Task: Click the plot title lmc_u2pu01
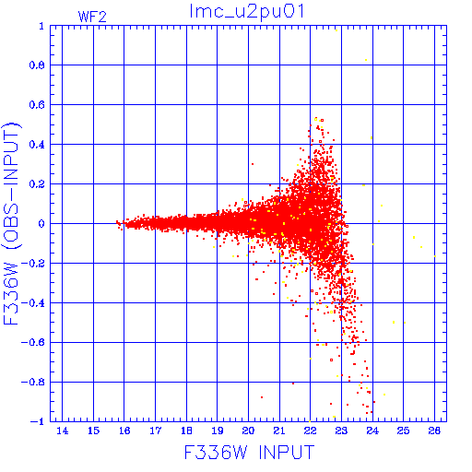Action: click(x=247, y=11)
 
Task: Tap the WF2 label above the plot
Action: click(x=92, y=17)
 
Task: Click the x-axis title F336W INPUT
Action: click(x=249, y=453)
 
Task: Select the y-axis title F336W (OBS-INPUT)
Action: click(x=11, y=224)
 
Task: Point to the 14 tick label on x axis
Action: click(x=63, y=431)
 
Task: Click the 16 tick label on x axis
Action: click(x=124, y=431)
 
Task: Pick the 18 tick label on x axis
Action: click(x=186, y=431)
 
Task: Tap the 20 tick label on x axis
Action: click(x=248, y=431)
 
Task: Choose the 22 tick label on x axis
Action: click(x=311, y=431)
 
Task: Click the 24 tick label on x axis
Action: click(x=372, y=431)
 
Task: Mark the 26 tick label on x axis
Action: click(x=434, y=431)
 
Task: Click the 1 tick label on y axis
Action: click(x=41, y=26)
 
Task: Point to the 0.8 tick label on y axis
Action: click(x=37, y=65)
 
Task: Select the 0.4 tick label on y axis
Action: click(x=37, y=145)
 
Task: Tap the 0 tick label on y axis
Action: click(x=41, y=224)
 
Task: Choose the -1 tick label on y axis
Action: click(x=37, y=421)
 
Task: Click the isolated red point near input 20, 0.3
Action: click(x=253, y=164)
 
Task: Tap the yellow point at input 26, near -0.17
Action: click(x=435, y=256)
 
